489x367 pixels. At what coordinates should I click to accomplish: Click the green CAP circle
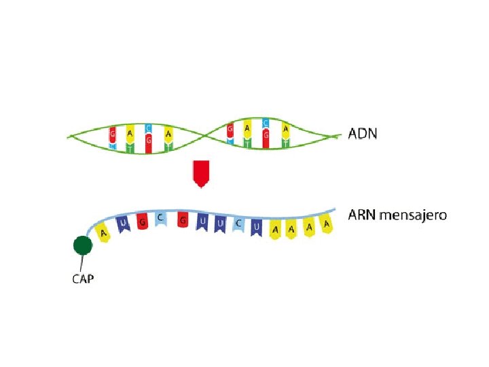pyautogui.click(x=83, y=245)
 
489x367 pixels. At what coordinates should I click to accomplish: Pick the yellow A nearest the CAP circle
pyautogui.click(x=103, y=233)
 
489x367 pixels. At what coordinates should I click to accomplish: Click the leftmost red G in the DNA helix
pyautogui.click(x=113, y=136)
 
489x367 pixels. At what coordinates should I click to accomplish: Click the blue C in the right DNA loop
pyautogui.click(x=266, y=124)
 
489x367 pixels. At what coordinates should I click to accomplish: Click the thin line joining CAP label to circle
pyautogui.click(x=81, y=262)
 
